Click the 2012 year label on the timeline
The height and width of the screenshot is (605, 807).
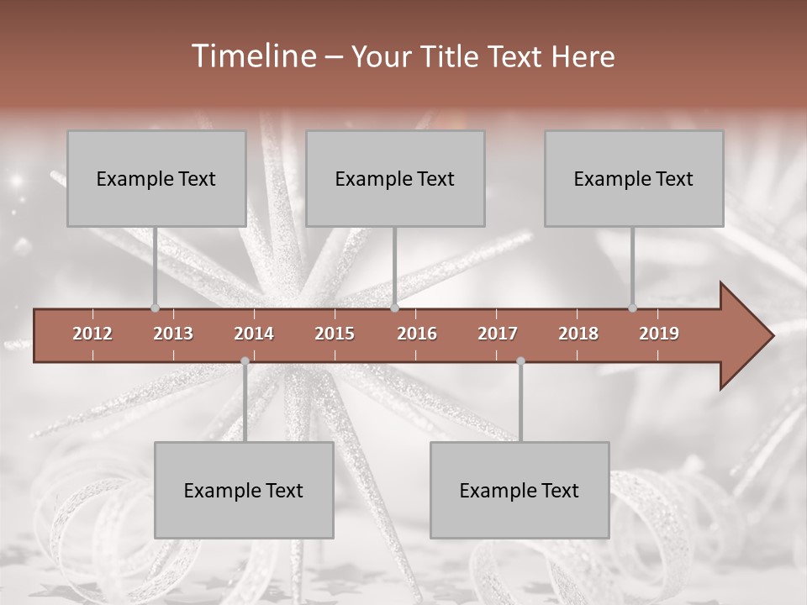92,334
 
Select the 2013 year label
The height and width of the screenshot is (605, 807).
173,334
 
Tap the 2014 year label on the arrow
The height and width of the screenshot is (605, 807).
254,334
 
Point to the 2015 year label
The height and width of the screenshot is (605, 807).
335,334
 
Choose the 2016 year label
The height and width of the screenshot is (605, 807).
417,334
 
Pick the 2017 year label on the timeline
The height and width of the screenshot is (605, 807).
498,334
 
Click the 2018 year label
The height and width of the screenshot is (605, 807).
578,334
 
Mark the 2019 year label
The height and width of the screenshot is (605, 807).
659,334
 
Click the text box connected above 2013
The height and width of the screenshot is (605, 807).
156,178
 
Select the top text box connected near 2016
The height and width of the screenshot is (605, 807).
395,178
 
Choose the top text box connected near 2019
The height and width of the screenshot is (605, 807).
634,178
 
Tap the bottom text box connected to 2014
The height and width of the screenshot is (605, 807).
244,490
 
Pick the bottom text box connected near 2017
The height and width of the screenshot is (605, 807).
520,490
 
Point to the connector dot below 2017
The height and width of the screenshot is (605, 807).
520,361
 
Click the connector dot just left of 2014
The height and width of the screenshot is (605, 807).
245,361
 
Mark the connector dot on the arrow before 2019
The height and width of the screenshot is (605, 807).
632,308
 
